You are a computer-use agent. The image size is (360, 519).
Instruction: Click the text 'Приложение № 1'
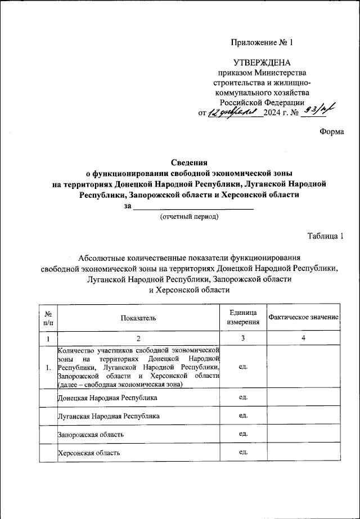point(263,43)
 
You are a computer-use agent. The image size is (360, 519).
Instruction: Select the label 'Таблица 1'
point(325,236)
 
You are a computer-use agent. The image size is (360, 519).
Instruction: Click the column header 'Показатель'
point(138,318)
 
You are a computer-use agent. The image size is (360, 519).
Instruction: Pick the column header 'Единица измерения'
point(243,318)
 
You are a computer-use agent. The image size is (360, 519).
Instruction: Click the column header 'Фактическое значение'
point(303,318)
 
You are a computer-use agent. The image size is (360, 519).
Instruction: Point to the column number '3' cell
point(243,339)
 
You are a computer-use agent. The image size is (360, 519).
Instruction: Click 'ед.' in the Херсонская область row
point(243,453)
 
